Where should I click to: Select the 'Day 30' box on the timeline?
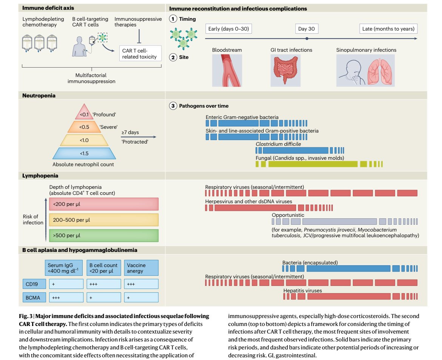[x=307, y=29]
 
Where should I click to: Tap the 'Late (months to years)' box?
[x=388, y=29]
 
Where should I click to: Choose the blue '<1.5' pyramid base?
[x=84, y=153]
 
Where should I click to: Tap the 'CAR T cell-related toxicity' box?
[x=140, y=53]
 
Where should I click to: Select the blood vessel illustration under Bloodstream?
[x=227, y=71]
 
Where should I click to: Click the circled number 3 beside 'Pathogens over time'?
[x=173, y=106]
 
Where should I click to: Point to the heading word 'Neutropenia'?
[x=39, y=96]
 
